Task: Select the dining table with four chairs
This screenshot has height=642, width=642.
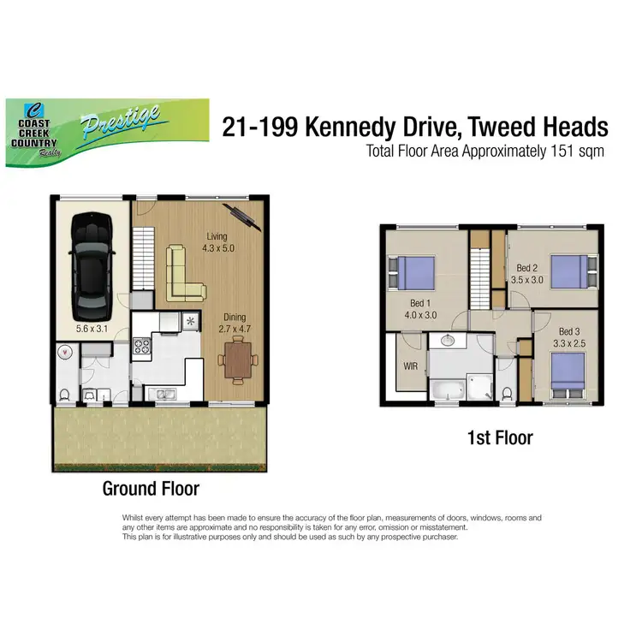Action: pyautogui.click(x=238, y=359)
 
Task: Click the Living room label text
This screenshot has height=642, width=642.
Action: pyautogui.click(x=217, y=236)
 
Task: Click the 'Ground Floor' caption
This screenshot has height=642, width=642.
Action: pyautogui.click(x=151, y=489)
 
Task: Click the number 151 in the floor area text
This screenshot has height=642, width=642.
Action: pyautogui.click(x=567, y=152)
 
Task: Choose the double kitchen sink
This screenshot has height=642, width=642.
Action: pyautogui.click(x=160, y=393)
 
